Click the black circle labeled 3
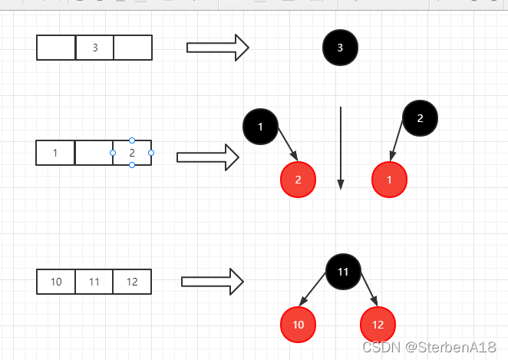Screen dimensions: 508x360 340,48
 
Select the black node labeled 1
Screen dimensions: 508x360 260,127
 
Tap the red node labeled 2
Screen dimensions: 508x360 298,180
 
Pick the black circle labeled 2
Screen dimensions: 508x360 421,118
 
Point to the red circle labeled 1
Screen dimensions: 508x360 389,180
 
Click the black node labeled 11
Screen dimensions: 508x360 343,272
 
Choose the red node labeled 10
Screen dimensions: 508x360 298,325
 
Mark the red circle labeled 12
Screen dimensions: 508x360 378,325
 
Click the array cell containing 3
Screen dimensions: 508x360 94,48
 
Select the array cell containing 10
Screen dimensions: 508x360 56,282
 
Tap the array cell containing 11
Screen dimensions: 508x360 94,282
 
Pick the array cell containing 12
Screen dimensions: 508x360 132,282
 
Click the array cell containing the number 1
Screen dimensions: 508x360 55,153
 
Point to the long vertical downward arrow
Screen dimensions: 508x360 341,148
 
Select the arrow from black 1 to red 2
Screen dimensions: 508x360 288,144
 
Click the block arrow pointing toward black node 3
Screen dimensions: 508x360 218,48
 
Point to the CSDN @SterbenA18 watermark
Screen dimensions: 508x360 429,348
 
